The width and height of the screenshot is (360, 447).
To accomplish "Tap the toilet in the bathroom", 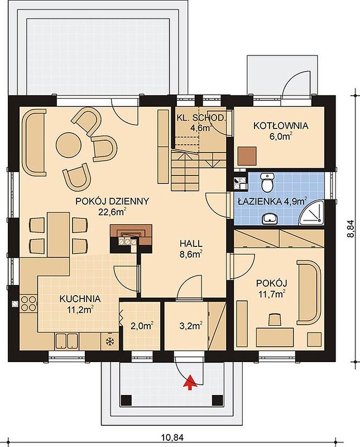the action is pyautogui.click(x=268, y=182).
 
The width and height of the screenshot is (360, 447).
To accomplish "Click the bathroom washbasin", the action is pyautogui.click(x=270, y=219).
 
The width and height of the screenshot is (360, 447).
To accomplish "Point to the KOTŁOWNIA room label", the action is pyautogui.click(x=281, y=125).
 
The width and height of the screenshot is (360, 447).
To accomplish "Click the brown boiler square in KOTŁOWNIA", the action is pyautogui.click(x=247, y=156).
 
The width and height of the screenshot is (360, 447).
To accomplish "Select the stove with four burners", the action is pyautogui.click(x=28, y=303).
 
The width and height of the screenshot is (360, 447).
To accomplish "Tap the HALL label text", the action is pyautogui.click(x=191, y=244).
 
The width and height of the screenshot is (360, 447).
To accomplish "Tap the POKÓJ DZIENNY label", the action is pyautogui.click(x=112, y=201).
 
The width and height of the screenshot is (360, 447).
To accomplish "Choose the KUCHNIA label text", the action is pyautogui.click(x=80, y=299).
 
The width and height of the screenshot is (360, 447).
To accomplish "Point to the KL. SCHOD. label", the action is pyautogui.click(x=200, y=118).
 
